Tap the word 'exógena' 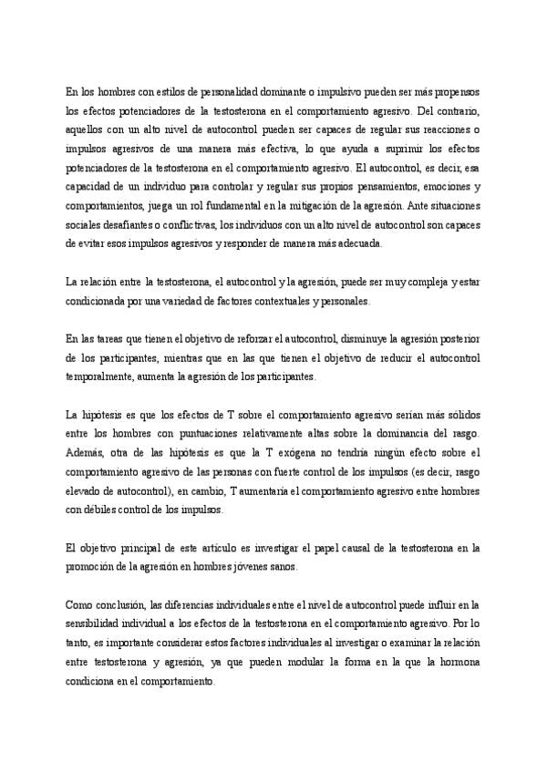click(299, 451)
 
